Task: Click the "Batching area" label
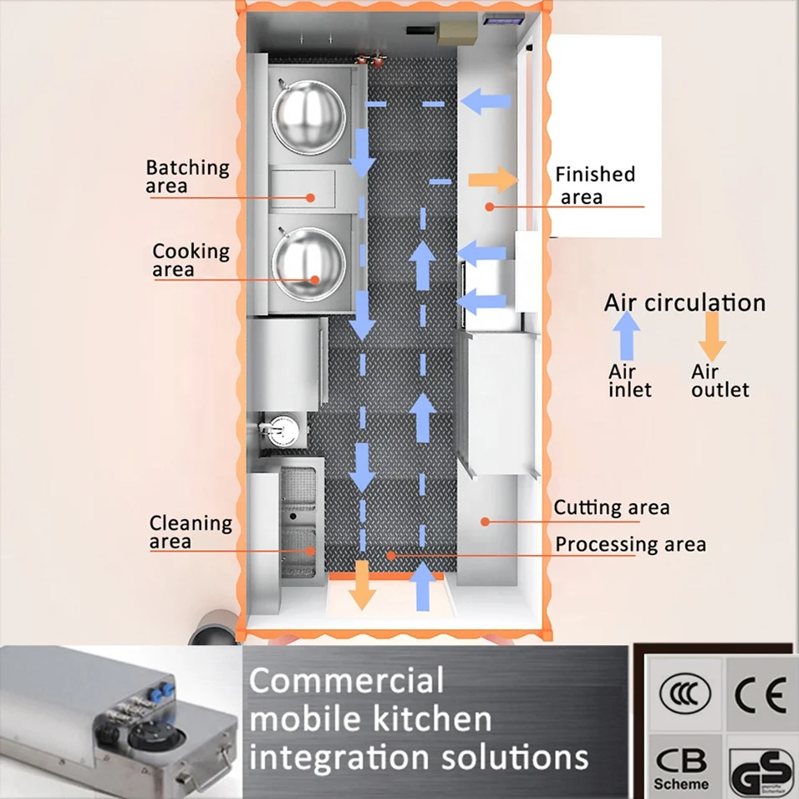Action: [187, 176]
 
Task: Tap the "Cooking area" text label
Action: [191, 259]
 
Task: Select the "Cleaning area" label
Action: [191, 532]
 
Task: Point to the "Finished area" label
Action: [595, 185]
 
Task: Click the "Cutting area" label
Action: [611, 507]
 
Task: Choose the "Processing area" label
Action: [630, 544]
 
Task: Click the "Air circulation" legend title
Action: [684, 302]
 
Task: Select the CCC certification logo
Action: [684, 695]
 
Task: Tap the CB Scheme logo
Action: [680, 767]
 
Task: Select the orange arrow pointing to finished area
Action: [492, 179]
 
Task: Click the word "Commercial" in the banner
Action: [346, 680]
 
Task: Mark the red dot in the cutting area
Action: [484, 521]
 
